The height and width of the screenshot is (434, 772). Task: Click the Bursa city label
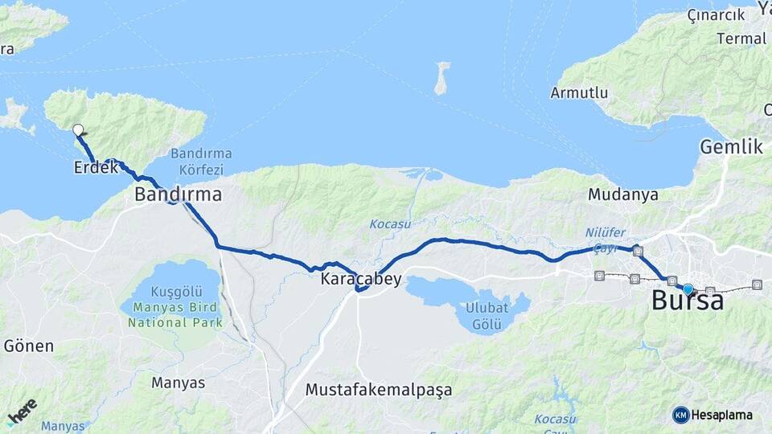pos(687,301)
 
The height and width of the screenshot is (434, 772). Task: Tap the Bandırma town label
pos(178,194)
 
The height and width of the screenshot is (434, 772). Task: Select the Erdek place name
pos(96,168)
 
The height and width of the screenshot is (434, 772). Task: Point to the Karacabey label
pos(361,280)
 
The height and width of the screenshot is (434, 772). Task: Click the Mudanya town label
pos(623,194)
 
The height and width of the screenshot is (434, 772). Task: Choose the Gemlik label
pos(730,147)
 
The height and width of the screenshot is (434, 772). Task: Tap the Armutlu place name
pos(579,93)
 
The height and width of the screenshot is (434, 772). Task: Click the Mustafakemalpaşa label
pos(379,390)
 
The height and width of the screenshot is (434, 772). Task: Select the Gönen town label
pos(29,346)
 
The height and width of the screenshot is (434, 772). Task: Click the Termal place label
pos(741,39)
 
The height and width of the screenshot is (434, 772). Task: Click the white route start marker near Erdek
pos(78,129)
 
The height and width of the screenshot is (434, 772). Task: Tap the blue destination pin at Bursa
pos(688,289)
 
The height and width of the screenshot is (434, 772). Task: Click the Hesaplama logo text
pos(721,415)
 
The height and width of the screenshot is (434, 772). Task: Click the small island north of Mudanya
pos(441,78)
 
